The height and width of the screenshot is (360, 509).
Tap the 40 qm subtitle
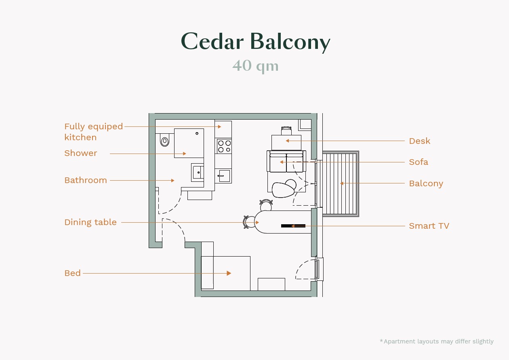tap(255, 66)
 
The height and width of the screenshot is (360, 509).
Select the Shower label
tap(81, 153)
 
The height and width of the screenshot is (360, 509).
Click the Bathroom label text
tap(86, 180)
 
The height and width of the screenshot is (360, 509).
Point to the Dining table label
tap(90, 222)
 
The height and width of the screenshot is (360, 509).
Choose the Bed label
tap(72, 273)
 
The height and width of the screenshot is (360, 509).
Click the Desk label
tap(419, 141)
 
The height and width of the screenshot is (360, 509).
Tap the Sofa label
tap(419, 162)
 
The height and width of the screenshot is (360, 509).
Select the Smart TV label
tap(429, 226)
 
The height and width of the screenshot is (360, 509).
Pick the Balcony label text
tap(426, 183)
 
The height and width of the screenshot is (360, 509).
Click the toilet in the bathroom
tap(164, 141)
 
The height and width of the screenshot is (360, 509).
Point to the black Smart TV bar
tap(293, 226)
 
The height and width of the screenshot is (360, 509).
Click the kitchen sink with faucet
tap(223, 176)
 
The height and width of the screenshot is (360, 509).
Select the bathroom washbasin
tap(198, 173)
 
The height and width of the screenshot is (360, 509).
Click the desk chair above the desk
tap(286, 131)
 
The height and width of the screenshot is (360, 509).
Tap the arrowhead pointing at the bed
tap(229, 273)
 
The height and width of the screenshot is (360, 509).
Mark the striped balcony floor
tap(341, 183)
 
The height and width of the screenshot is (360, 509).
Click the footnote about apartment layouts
tap(437, 341)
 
